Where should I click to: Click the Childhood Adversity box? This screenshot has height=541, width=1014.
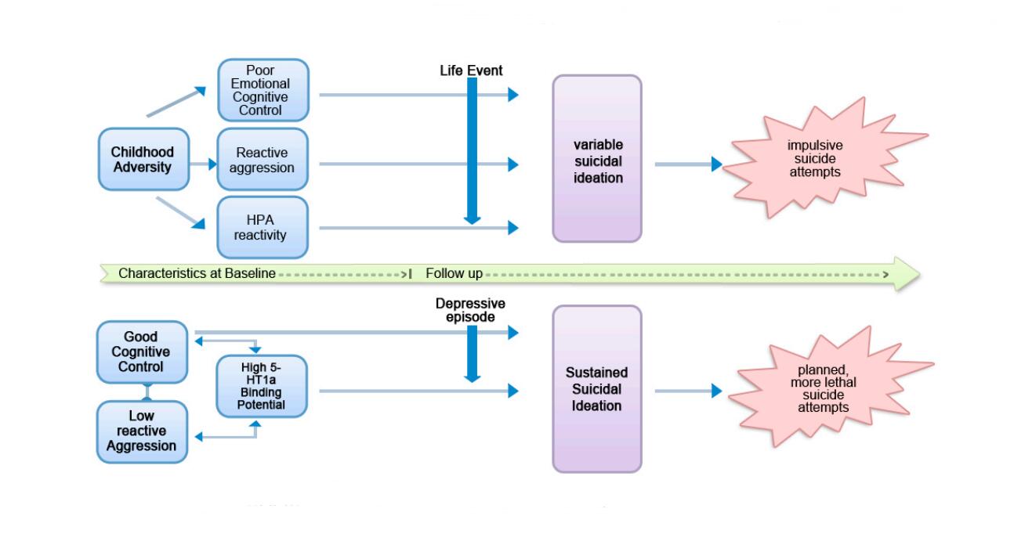(x=143, y=159)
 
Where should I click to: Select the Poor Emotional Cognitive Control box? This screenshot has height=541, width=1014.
(x=263, y=91)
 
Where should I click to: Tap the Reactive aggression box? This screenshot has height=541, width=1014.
(x=263, y=159)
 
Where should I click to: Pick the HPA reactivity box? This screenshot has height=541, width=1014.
(x=263, y=228)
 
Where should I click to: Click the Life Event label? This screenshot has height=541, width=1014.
(x=470, y=70)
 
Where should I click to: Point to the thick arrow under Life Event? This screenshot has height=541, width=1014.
(x=472, y=149)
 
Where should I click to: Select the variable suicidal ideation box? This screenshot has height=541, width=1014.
(x=597, y=158)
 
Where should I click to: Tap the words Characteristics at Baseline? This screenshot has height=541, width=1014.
(x=197, y=274)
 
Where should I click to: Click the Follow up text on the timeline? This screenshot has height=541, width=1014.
(x=454, y=274)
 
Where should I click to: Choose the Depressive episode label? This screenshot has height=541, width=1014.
(x=470, y=310)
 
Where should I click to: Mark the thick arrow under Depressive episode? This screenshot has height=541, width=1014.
(x=472, y=352)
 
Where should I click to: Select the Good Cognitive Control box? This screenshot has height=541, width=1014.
(x=141, y=352)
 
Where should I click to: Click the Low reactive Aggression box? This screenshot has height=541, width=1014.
(x=141, y=431)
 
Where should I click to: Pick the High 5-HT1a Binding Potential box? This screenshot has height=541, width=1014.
(x=262, y=385)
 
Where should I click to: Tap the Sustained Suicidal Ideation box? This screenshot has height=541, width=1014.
(x=597, y=389)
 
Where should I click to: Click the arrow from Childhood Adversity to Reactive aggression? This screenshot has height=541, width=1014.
(x=202, y=164)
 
